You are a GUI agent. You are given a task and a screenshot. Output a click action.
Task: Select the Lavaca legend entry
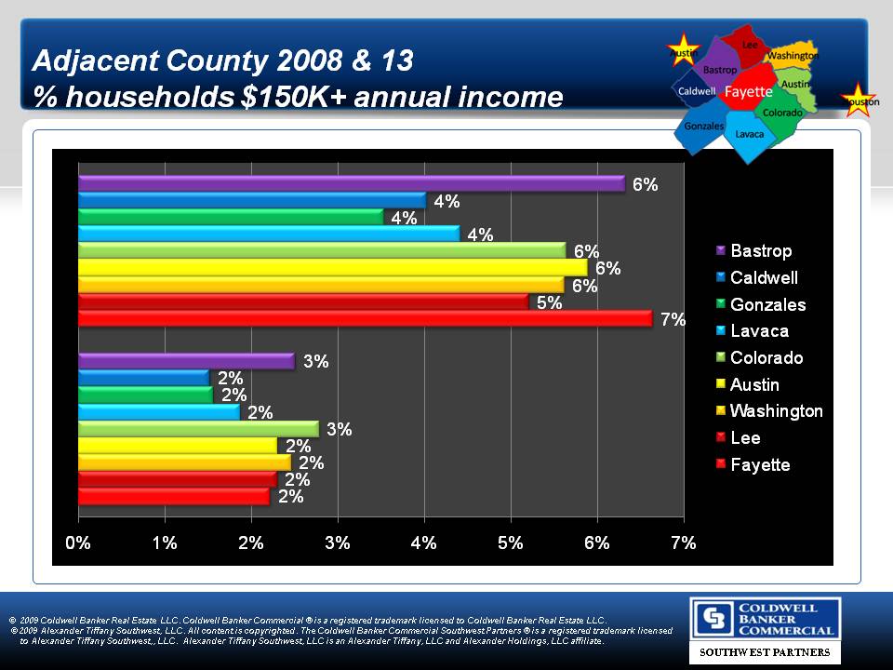[x=758, y=331]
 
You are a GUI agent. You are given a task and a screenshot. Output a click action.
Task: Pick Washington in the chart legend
[x=776, y=411]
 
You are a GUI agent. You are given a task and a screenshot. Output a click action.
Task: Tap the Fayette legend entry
[x=759, y=465]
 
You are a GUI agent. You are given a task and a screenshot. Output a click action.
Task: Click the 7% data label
[x=673, y=320]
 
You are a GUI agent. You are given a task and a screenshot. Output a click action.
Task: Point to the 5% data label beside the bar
[x=549, y=302]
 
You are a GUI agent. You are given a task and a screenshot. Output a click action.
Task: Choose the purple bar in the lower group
[x=186, y=361]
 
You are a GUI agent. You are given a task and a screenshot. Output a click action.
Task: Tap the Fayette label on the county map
[x=749, y=92]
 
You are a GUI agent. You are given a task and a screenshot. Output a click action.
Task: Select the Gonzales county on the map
[x=703, y=127]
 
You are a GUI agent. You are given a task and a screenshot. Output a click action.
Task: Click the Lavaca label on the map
[x=749, y=134]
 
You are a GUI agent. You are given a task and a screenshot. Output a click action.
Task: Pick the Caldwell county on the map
[x=696, y=91]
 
